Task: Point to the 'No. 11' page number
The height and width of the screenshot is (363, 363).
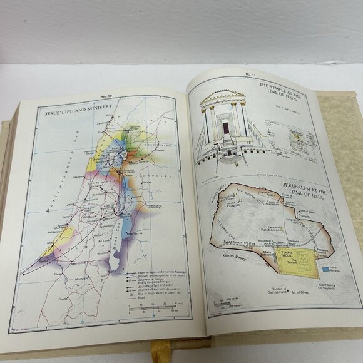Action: pyautogui.click(x=250, y=75)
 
